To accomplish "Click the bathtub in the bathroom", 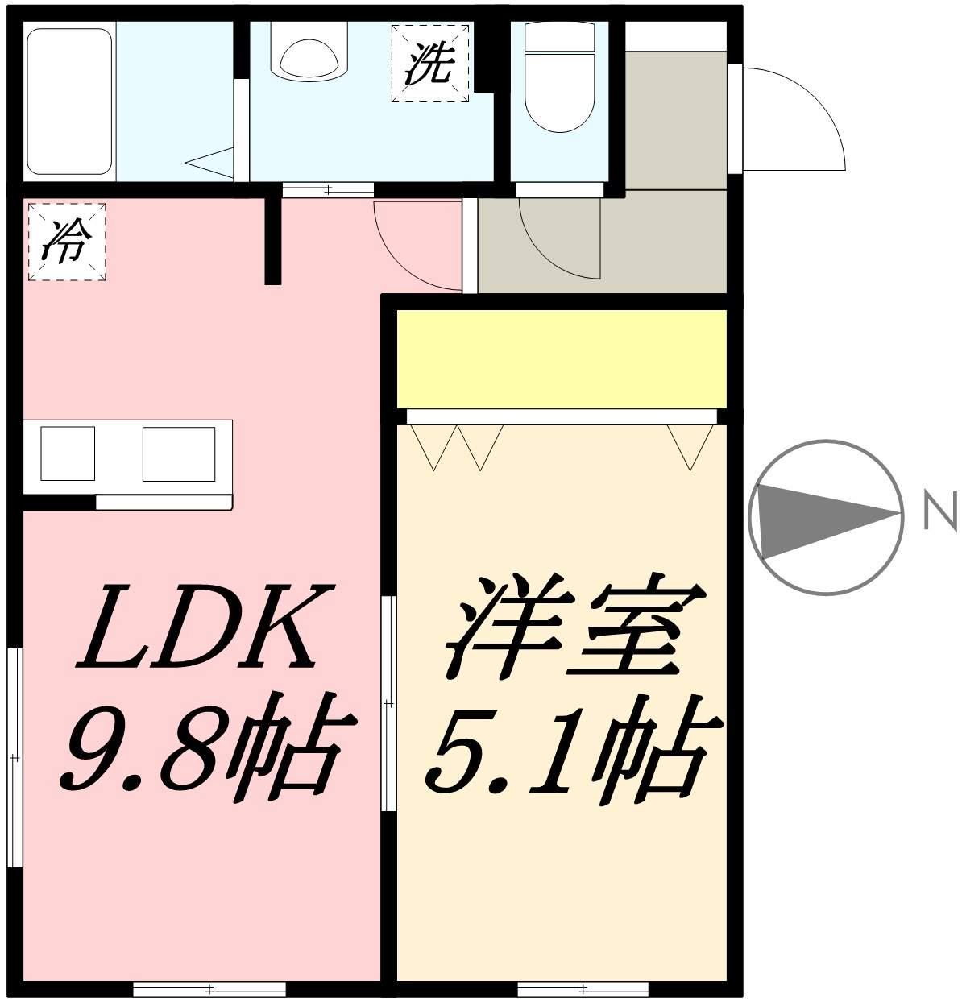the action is point(69,101).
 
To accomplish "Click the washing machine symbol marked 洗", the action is point(430,63).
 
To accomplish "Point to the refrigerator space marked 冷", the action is point(67,242).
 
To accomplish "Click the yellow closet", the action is point(562,359).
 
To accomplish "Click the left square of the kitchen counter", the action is point(68,453).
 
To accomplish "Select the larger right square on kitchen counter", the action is point(179,453).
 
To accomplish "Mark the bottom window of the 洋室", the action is point(582,989).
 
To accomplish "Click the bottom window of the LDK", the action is point(209,989).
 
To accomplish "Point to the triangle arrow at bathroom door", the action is point(209,163).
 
